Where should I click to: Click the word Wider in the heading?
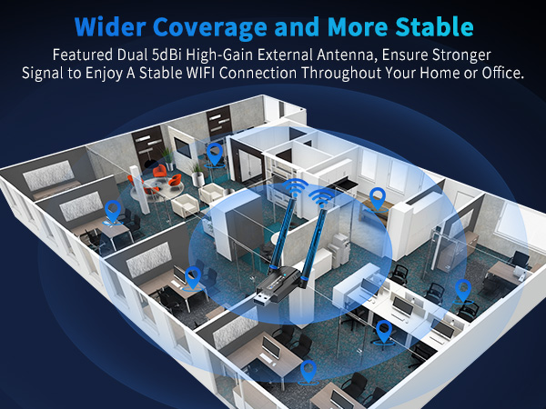point(106,24)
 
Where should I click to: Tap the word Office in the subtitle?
point(500,73)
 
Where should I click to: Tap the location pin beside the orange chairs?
point(214,153)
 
